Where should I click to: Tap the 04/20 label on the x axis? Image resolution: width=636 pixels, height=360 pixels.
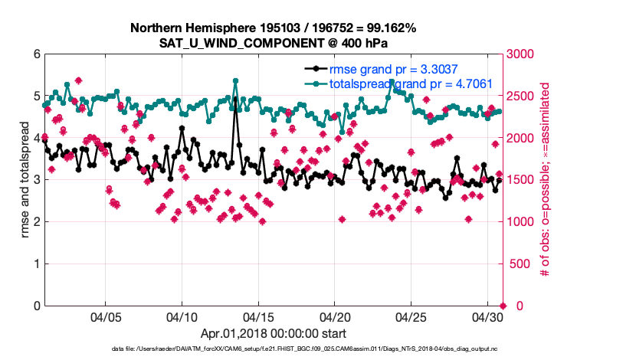coord(335,316)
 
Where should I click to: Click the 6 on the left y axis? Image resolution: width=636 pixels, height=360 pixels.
coord(37,54)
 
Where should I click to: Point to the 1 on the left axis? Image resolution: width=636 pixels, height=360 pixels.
coord(37,264)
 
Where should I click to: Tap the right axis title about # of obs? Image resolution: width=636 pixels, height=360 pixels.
coord(546,180)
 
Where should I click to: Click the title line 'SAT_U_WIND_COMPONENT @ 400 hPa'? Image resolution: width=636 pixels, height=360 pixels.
coord(274,43)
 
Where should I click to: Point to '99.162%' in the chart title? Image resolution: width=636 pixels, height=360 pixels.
coord(389,28)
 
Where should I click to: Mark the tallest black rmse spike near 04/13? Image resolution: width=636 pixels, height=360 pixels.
coord(235,97)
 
